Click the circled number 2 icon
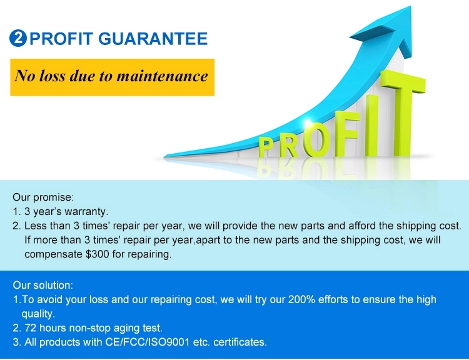[18, 38]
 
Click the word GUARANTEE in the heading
[153, 39]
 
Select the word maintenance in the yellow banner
[162, 76]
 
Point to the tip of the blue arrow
[411, 7]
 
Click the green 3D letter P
[265, 147]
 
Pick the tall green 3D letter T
[403, 114]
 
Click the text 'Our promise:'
[43, 197]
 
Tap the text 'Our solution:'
[43, 285]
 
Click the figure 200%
[301, 299]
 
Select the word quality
[38, 314]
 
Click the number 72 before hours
[30, 328]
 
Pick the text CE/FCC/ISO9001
[148, 342]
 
